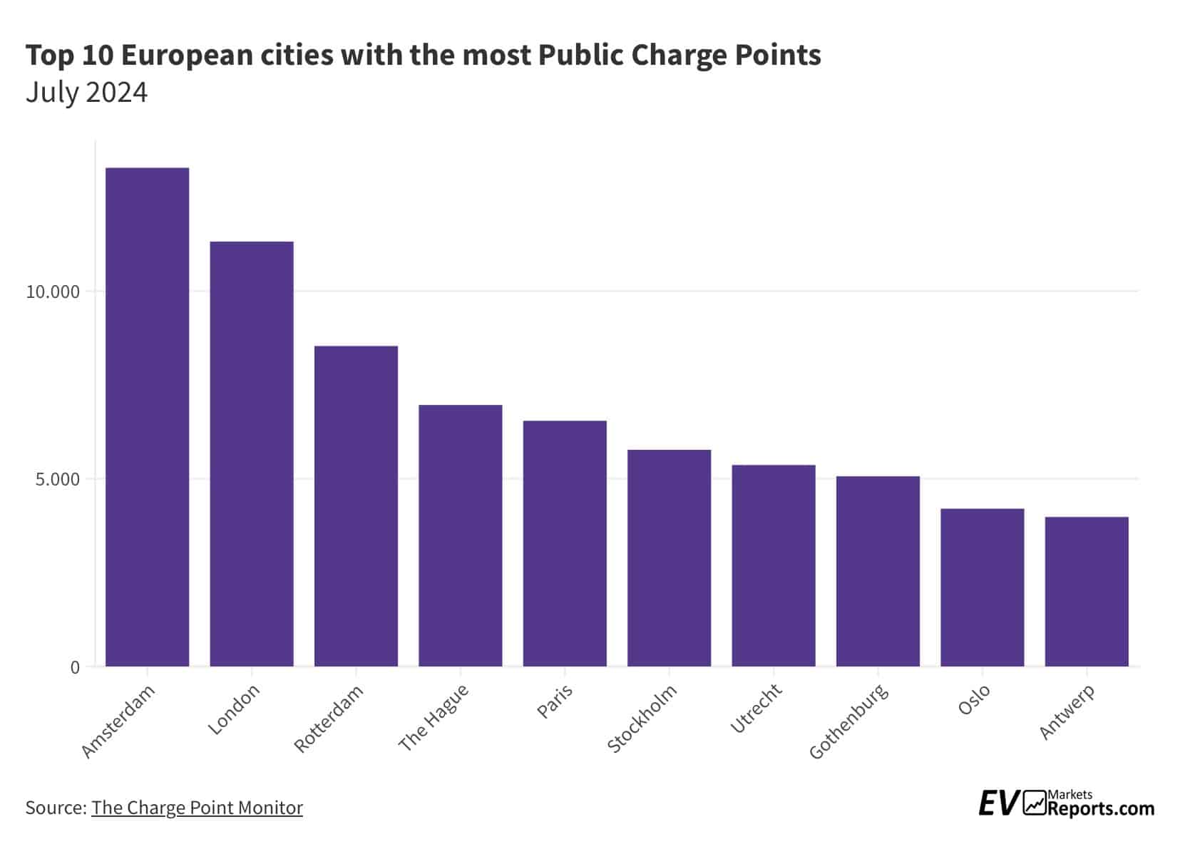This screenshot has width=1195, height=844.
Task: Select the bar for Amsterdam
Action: pos(147,417)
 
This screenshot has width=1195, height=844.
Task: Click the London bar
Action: pos(252,454)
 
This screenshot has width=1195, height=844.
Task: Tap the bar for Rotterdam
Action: pos(356,506)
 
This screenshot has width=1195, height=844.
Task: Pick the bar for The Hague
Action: pos(460,535)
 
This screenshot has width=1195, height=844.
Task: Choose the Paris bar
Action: pos(565,543)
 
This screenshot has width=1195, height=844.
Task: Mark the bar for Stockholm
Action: pos(669,558)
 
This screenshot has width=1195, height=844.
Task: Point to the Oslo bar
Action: pos(982,587)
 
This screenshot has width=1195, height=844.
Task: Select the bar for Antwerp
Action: pos(1086,592)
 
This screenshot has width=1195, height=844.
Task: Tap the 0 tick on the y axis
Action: pos(75,668)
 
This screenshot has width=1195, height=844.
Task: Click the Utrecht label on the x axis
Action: pos(757,708)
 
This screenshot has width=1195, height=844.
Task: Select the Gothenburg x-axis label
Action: pos(849,721)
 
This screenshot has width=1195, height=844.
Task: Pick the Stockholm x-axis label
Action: pos(642,718)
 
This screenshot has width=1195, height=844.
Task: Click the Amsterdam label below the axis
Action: pos(118,721)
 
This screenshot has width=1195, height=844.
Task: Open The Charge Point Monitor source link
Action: pos(197,808)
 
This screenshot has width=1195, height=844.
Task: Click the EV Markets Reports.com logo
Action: pos(1066,803)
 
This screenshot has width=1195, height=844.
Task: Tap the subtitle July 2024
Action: pos(86,93)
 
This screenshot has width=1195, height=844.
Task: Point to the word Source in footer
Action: pos(54,808)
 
